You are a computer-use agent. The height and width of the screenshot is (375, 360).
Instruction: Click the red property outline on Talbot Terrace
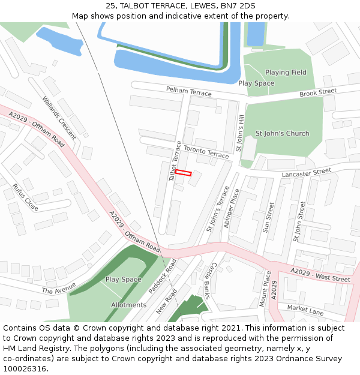183,173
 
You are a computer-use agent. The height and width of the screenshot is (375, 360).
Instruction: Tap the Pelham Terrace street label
189,92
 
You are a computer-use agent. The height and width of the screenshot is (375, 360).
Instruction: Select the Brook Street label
318,92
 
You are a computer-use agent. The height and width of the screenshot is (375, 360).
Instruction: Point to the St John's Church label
283,133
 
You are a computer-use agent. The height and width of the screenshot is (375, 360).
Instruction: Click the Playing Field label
286,73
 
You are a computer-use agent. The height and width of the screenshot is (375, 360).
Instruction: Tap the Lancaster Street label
306,172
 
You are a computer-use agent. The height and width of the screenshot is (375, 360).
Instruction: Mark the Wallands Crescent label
59,118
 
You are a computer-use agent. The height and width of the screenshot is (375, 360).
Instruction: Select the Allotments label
128,305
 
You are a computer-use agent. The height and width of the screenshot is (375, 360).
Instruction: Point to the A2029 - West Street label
320,275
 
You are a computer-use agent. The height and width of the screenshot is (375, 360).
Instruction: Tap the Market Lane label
305,310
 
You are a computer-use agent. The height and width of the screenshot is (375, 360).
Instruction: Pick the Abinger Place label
231,208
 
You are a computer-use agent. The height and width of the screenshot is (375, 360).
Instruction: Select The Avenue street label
59,288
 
